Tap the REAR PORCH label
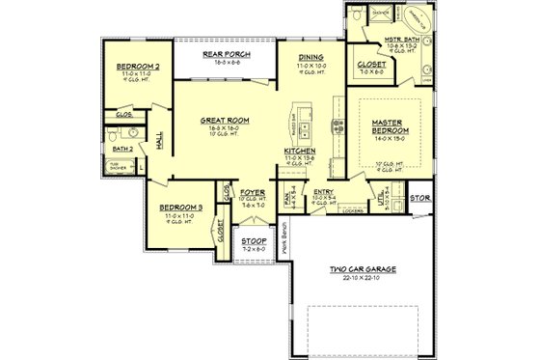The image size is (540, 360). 226,54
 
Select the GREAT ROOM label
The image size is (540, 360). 225,121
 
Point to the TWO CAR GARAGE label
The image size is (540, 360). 362,269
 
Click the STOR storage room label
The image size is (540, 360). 420,198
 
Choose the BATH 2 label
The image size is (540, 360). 123,150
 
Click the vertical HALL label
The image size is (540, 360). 159,142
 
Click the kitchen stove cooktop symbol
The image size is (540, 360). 337,124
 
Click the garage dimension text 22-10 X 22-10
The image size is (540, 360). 362,278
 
